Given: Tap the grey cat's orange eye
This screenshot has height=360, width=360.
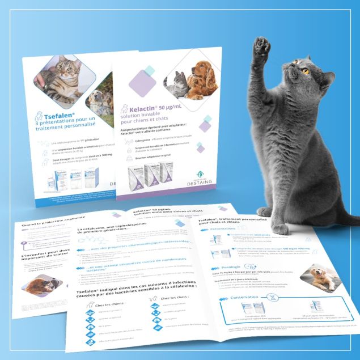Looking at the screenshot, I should (x=306, y=72).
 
